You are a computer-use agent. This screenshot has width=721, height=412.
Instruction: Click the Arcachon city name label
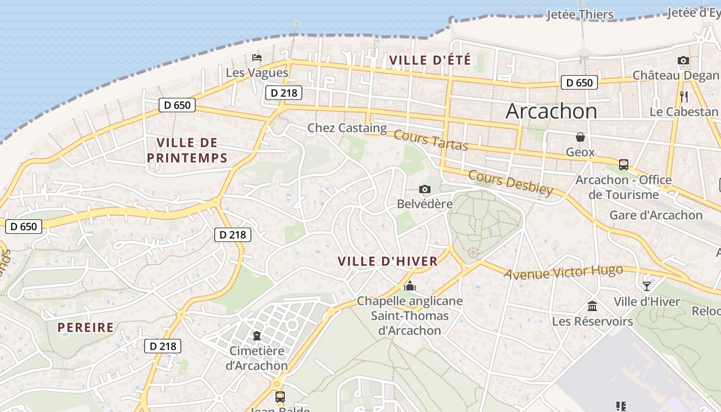click(551, 111)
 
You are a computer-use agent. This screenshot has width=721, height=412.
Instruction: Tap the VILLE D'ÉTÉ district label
click(430, 60)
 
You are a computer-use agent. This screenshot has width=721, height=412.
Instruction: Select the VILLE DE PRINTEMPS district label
click(187, 150)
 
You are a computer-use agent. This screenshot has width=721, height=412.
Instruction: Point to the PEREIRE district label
click(85, 328)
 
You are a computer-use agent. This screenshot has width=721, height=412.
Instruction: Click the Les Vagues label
click(257, 73)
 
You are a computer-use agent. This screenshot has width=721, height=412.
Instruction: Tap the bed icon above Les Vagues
click(256, 57)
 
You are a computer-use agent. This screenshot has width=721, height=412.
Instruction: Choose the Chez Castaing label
click(347, 128)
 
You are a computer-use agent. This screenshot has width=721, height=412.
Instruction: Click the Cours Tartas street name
click(431, 140)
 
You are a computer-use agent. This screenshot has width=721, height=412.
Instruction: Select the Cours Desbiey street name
click(510, 183)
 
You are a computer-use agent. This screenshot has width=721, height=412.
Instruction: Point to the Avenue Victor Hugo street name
click(563, 272)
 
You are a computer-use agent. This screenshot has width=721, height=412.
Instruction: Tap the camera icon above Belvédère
click(425, 190)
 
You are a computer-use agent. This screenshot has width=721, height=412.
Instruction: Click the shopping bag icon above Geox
click(580, 137)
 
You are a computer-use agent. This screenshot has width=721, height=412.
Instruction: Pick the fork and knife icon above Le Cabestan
click(684, 96)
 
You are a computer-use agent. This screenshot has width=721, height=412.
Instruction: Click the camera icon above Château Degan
click(683, 61)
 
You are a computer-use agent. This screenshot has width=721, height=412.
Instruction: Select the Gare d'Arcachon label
click(656, 215)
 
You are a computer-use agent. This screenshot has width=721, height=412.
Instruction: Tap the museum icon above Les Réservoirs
click(592, 306)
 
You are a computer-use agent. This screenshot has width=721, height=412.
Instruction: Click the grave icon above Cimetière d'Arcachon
click(256, 336)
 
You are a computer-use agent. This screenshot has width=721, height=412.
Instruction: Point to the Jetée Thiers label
click(580, 14)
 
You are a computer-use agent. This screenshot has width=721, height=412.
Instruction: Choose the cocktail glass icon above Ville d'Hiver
click(647, 286)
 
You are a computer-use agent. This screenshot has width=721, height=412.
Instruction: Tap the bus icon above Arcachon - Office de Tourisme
click(623, 165)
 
